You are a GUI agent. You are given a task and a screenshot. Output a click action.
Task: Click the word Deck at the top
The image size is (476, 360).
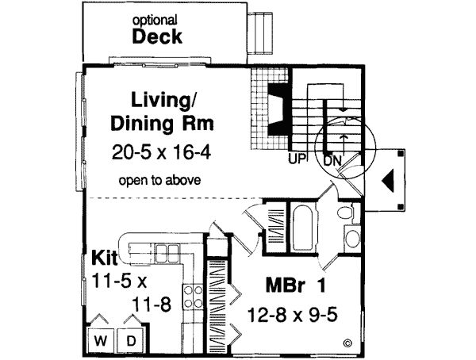click(157, 37)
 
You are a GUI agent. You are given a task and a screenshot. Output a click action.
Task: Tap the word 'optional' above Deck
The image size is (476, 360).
click(155, 19)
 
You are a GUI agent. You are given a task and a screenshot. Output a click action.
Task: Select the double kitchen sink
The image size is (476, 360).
click(167, 253)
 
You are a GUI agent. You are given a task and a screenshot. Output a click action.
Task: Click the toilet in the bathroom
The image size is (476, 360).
click(344, 213)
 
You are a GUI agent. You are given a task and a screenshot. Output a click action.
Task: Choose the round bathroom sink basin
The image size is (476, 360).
click(351, 239)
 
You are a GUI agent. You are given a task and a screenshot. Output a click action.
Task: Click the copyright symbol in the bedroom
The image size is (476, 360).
click(347, 343)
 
